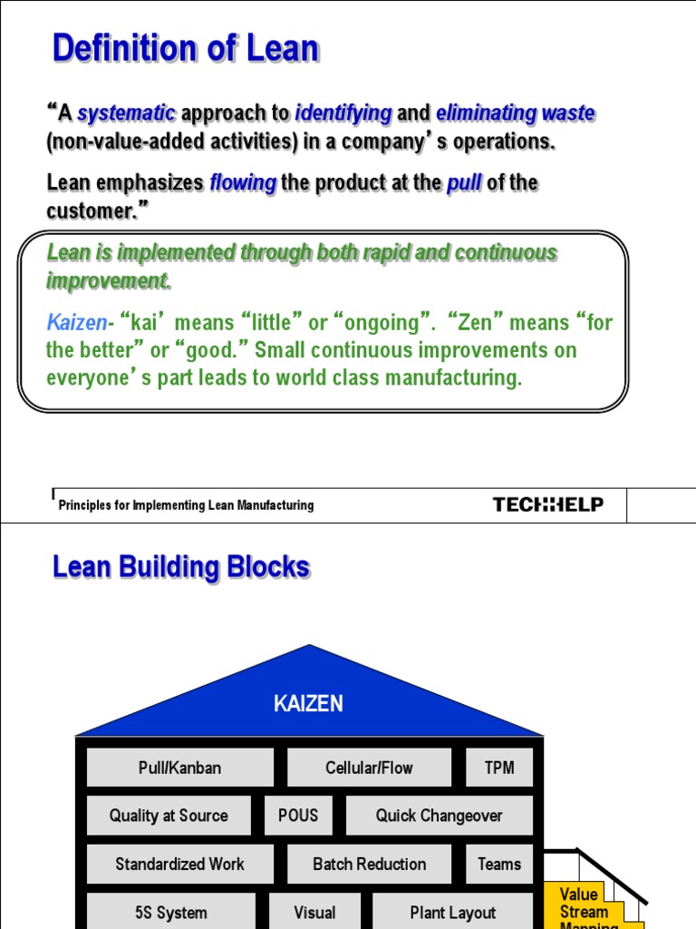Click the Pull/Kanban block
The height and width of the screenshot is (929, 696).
pyautogui.click(x=179, y=768)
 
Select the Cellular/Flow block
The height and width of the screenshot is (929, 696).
pyautogui.click(x=369, y=768)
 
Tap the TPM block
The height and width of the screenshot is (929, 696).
pyautogui.click(x=499, y=768)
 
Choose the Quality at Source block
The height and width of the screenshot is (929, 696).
pyautogui.click(x=169, y=816)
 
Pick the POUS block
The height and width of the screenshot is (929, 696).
pyautogui.click(x=298, y=816)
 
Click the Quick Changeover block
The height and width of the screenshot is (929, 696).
pyautogui.click(x=439, y=816)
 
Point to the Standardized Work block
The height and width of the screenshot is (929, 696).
pyautogui.click(x=179, y=864)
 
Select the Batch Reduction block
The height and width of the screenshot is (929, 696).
pyautogui.click(x=369, y=864)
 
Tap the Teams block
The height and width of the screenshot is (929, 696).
pyautogui.click(x=499, y=864)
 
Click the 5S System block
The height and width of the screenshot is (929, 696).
pyautogui.click(x=170, y=913)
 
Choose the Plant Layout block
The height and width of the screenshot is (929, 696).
pyautogui.click(x=452, y=913)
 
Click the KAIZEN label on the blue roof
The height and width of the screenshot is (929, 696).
pyautogui.click(x=308, y=704)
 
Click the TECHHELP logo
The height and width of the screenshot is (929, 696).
pyautogui.click(x=547, y=504)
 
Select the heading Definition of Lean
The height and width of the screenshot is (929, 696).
pyautogui.click(x=186, y=49)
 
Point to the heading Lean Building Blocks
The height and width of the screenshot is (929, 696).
pyautogui.click(x=181, y=568)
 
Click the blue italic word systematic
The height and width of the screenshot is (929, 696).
pyautogui.click(x=127, y=113)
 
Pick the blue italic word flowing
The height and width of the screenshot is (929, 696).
pyautogui.click(x=243, y=182)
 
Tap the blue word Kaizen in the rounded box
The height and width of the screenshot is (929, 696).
pyautogui.click(x=76, y=322)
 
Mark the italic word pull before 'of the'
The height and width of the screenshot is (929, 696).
pyautogui.click(x=464, y=182)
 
